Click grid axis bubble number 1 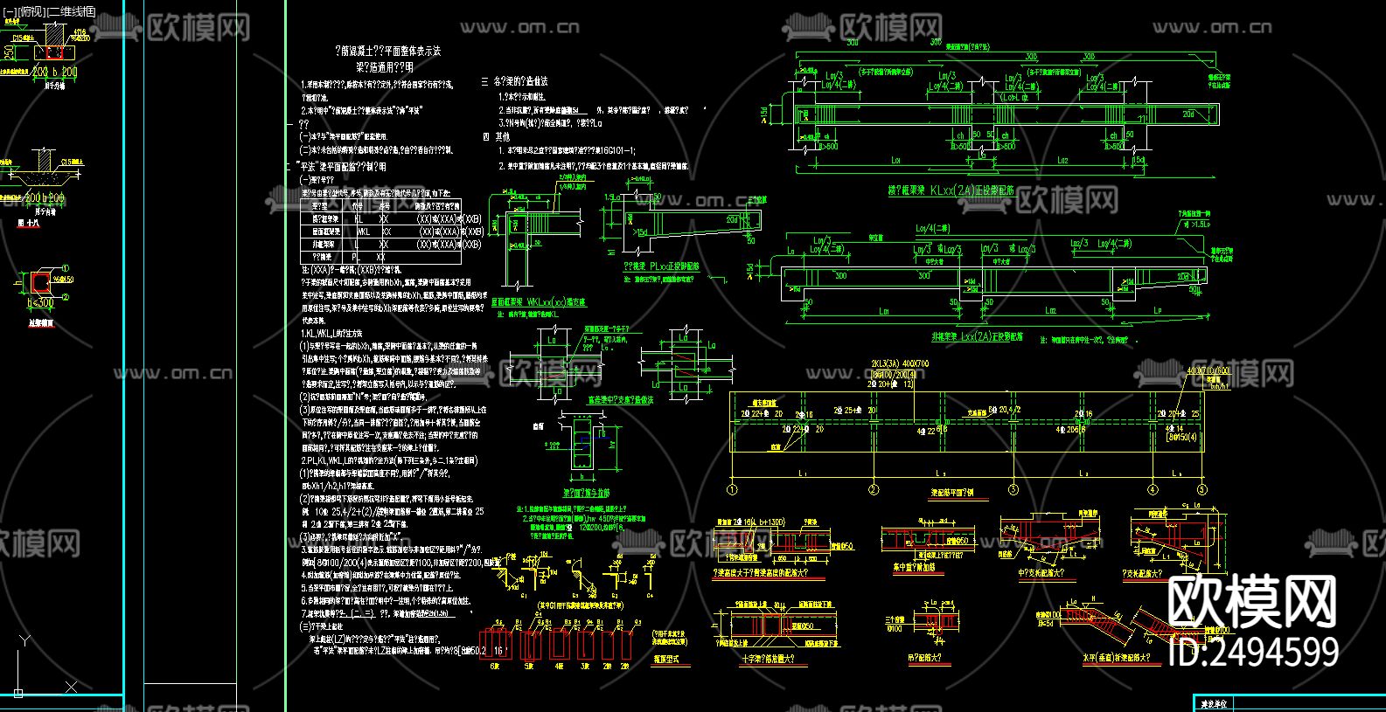733,489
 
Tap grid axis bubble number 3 1013,489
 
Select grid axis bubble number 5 1201,489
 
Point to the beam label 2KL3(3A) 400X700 900,363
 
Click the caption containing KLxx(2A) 951,190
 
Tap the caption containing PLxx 661,266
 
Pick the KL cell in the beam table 359,218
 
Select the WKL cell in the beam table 362,232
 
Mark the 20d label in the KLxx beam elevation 1188,114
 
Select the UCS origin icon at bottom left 18,692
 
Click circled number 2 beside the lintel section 66,296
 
